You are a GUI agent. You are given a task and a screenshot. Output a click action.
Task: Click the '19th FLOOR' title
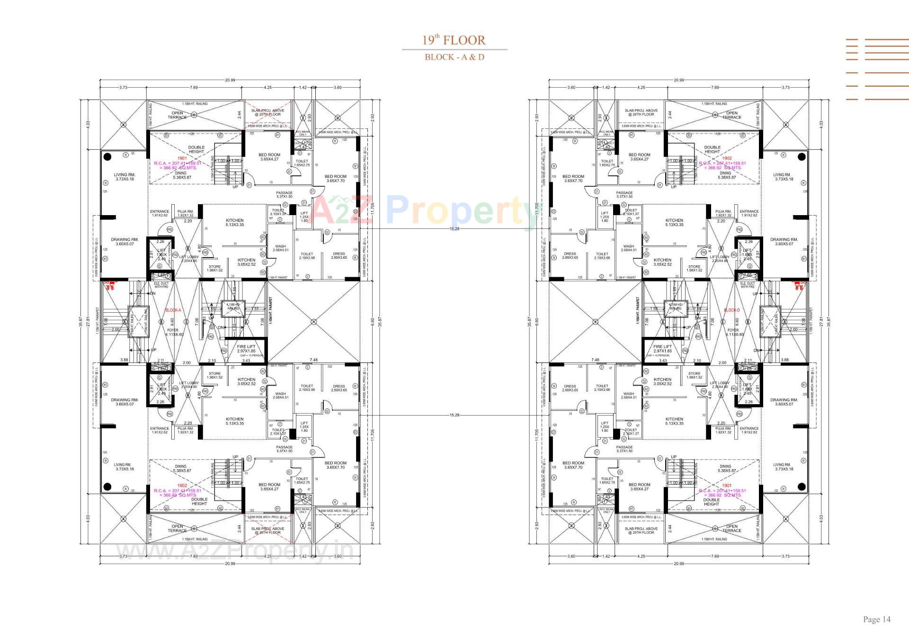tap(454, 40)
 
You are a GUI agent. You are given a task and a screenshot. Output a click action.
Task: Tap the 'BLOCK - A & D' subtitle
tap(454, 57)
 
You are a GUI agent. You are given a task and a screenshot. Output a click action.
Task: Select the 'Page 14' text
tap(876, 619)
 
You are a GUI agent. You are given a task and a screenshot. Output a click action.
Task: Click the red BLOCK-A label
tap(173, 310)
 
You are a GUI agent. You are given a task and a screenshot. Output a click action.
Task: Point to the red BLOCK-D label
tap(731, 310)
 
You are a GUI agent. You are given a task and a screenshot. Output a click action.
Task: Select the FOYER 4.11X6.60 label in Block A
tap(173, 332)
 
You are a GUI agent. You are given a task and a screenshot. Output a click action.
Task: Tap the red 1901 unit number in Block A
tap(182, 158)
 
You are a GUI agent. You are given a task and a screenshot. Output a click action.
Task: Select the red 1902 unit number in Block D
tap(726, 158)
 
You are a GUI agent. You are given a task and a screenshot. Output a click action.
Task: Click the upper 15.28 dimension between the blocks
tap(454, 229)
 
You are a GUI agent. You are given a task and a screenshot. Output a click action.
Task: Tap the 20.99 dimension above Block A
tap(230, 80)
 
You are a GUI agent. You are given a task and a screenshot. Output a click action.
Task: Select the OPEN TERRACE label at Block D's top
tap(731, 115)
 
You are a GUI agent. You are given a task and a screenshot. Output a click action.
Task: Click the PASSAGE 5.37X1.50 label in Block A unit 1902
tap(285, 449)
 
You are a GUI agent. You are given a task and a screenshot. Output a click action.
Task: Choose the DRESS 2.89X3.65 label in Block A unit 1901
tap(339, 256)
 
